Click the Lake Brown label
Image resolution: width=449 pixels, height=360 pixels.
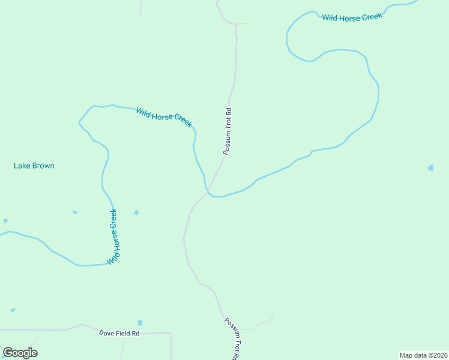(34, 166)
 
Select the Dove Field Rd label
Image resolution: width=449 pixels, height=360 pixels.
(119, 333)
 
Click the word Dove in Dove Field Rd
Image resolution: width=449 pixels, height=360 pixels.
(107, 333)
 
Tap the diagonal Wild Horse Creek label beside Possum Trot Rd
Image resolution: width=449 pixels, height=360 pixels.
(163, 116)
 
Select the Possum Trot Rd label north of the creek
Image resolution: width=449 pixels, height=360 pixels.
(228, 131)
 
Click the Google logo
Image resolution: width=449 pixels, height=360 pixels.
(20, 353)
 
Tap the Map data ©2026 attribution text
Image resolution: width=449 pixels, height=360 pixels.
(423, 355)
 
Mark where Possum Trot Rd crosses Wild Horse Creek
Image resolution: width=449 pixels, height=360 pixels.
(208, 191)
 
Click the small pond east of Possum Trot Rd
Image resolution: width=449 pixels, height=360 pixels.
(430, 168)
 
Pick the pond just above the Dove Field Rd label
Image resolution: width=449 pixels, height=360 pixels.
(140, 323)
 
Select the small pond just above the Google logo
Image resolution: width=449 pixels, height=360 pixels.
(13, 310)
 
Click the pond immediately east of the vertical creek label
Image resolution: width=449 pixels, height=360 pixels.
(136, 212)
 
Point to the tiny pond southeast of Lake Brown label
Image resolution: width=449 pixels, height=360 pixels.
(74, 212)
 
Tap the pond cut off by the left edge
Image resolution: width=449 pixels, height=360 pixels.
(5, 221)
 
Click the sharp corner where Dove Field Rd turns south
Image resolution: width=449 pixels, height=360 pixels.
(171, 333)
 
